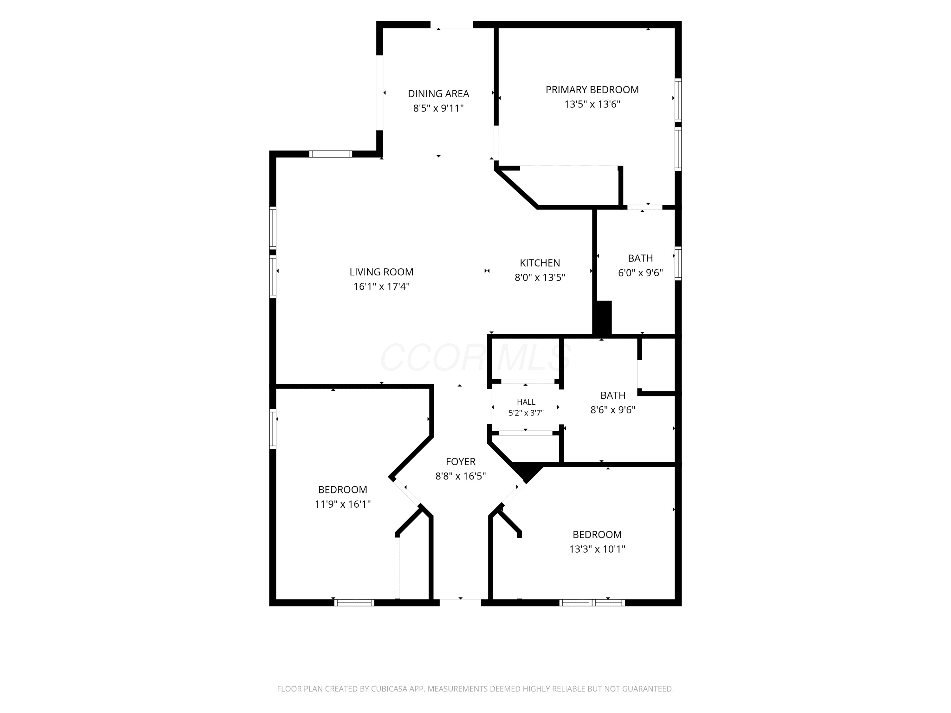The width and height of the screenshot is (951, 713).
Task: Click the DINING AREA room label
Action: point(438,94)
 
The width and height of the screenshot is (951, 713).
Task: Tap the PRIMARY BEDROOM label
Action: point(592,90)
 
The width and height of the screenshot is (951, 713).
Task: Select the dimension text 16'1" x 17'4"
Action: point(381,286)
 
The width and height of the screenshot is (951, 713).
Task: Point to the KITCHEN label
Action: point(540,263)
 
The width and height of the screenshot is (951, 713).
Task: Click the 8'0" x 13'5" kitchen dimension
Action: point(540,277)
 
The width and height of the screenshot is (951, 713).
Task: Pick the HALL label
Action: point(526,402)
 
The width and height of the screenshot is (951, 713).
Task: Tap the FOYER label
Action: point(461,462)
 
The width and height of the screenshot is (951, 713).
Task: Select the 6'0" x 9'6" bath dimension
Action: point(641,273)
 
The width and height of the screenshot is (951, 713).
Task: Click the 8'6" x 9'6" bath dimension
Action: point(613,409)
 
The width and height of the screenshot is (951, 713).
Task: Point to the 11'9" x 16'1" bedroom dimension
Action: point(343,504)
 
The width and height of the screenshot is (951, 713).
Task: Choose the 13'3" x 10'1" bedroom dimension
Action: point(597,549)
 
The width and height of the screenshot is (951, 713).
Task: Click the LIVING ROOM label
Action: point(381,272)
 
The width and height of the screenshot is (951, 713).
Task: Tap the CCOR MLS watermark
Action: point(475,357)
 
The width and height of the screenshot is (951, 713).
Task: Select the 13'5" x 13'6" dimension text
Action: point(592,104)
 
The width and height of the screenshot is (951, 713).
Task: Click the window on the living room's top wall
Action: point(331,154)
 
